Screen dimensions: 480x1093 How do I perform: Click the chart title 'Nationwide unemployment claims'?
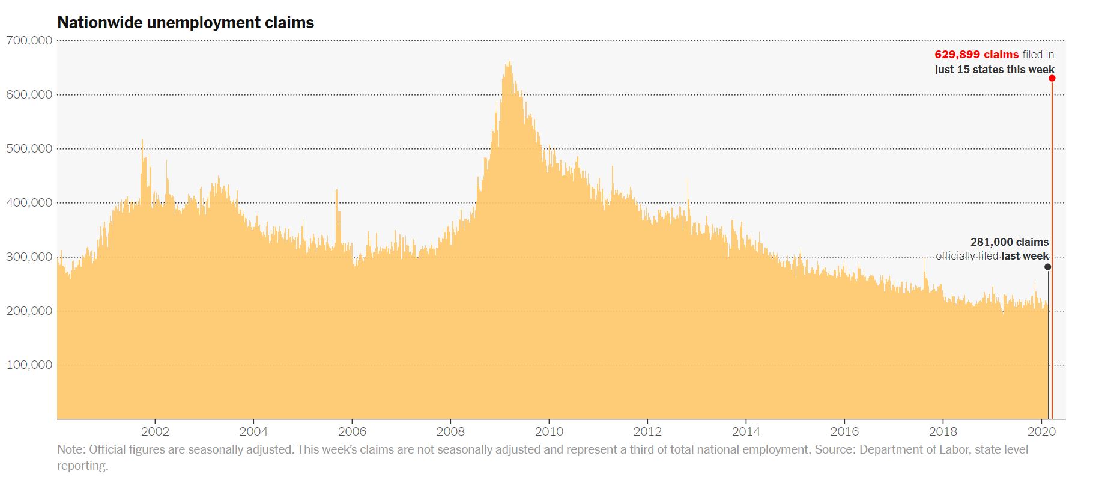pos(186,23)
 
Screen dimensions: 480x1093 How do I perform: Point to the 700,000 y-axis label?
pos(29,41)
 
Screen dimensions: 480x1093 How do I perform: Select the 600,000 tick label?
pos(29,95)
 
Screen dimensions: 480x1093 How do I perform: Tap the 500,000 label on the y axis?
pos(29,149)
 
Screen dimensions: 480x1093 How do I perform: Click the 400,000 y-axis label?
pos(29,203)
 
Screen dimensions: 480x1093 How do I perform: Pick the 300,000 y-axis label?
pos(29,257)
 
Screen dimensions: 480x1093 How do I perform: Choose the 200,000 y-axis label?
pos(29,311)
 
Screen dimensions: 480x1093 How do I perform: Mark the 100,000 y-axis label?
pos(29,365)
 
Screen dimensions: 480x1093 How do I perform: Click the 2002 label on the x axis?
pos(155,431)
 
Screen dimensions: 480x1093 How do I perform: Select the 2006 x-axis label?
pos(352,431)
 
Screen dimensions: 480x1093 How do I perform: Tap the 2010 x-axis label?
pos(549,431)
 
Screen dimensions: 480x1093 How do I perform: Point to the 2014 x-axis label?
pos(746,431)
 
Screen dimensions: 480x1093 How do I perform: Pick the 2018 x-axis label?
pos(943,431)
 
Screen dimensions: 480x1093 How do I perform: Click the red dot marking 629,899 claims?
pos(1052,78)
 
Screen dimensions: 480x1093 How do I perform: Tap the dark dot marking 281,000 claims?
pos(1048,267)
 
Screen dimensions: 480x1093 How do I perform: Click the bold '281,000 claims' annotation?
pos(1010,242)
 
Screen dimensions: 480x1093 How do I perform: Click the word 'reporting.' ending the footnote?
pos(83,466)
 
